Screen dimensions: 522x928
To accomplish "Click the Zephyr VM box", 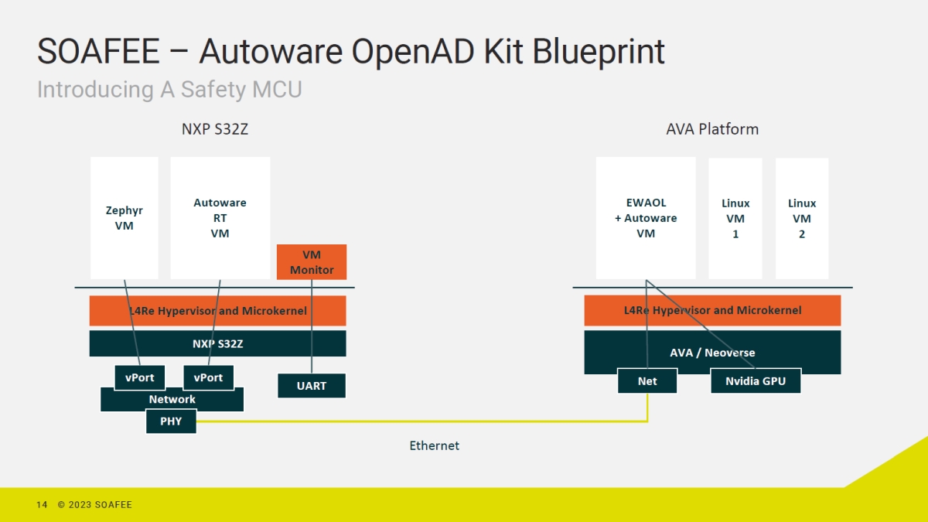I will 124,217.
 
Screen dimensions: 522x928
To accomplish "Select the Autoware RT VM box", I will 220,217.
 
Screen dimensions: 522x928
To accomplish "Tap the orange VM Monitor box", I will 312,262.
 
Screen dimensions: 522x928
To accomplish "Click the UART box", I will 312,385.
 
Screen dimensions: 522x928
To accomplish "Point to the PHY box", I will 171,421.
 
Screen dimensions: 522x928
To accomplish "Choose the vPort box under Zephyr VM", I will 139,377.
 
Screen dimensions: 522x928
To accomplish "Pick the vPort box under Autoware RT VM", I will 208,377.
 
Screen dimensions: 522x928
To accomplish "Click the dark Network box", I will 172,399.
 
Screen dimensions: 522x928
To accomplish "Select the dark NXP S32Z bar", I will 217,343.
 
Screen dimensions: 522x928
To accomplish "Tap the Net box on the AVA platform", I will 647,380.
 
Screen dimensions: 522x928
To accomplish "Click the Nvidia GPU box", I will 756,380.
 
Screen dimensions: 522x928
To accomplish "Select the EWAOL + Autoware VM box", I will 646,217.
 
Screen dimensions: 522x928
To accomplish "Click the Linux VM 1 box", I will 735,218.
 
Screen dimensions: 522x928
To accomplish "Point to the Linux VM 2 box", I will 802,218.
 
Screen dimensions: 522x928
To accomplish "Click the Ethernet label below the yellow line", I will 434,445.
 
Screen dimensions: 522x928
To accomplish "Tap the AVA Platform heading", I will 712,129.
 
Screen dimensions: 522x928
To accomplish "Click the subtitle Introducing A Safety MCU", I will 169,90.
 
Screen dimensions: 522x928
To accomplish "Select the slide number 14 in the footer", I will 42,505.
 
